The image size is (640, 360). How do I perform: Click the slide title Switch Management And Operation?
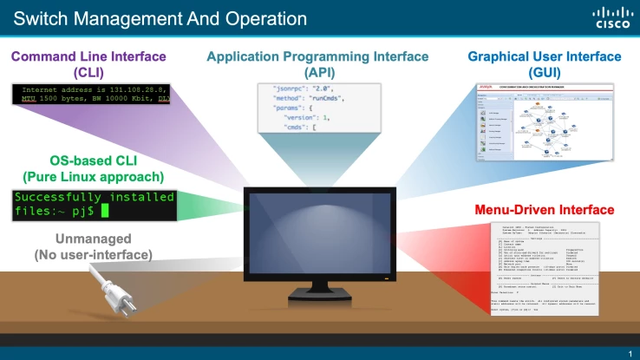(x=160, y=17)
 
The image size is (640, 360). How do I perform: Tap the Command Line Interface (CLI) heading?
(x=89, y=64)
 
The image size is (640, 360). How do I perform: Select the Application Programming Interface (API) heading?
(x=317, y=64)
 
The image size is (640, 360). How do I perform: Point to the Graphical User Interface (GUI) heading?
(x=545, y=64)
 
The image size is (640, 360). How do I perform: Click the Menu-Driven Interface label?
(x=545, y=210)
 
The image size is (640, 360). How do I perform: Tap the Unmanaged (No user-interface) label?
(x=93, y=246)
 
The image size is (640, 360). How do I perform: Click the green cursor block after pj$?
(x=105, y=210)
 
